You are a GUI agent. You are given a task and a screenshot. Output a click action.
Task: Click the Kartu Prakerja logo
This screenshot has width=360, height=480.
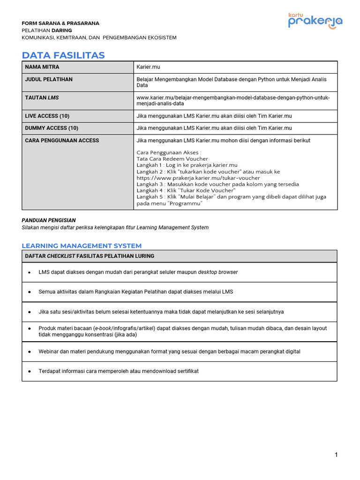(315, 21)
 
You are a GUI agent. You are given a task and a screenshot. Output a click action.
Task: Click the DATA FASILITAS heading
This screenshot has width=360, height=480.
(63, 55)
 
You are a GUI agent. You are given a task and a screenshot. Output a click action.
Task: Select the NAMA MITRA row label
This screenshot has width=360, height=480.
(42, 67)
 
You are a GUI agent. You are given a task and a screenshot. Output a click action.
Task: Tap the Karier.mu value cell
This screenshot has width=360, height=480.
(148, 67)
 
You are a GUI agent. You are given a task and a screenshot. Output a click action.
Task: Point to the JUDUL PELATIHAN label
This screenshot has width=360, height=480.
(49, 79)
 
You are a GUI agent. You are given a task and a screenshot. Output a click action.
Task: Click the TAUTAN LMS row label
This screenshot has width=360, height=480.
(42, 97)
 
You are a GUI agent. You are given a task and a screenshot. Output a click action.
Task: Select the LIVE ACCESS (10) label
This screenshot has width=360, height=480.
(47, 116)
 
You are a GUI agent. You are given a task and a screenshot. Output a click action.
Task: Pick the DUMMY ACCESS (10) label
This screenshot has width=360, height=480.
(52, 128)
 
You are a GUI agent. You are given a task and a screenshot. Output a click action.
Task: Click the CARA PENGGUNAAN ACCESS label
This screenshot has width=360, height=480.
(62, 140)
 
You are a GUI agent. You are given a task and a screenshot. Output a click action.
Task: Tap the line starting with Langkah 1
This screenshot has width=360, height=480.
(187, 165)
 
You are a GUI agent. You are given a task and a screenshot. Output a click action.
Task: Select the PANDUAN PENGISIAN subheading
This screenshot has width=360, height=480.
(49, 220)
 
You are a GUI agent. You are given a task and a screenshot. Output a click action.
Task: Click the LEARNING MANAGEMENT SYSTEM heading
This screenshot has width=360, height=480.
(82, 246)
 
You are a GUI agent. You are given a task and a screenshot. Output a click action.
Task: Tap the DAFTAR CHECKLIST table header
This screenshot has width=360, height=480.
(90, 256)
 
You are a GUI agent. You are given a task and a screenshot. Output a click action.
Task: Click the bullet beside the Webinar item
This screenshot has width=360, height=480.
(30, 352)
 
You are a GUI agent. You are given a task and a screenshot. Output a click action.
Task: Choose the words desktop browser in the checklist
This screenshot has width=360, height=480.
(217, 272)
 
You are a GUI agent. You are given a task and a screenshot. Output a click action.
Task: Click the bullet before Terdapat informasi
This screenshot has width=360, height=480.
(30, 371)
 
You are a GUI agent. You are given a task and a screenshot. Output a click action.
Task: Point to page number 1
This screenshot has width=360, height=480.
(336, 455)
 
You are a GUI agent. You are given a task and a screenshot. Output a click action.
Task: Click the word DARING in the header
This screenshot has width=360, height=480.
(61, 30)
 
